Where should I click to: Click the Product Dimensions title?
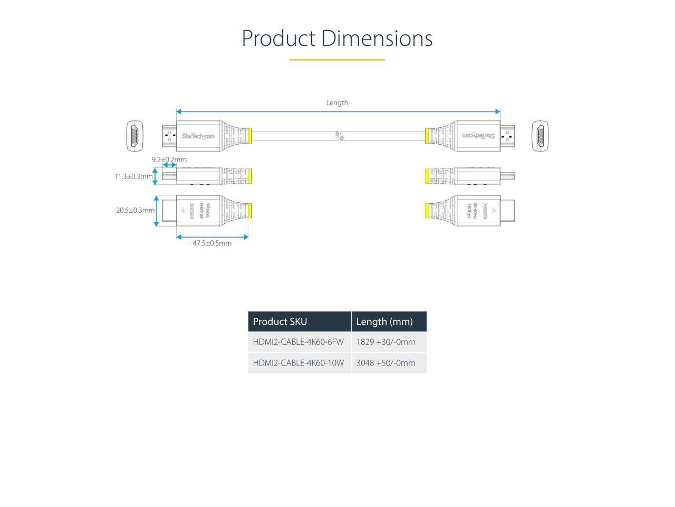pyautogui.click(x=337, y=38)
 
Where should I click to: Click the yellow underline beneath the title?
pyautogui.click(x=337, y=60)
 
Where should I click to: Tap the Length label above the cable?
pyautogui.click(x=337, y=102)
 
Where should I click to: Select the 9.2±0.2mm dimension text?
pyautogui.click(x=169, y=159)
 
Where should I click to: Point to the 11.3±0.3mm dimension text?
pyautogui.click(x=133, y=176)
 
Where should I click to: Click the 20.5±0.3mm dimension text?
pyautogui.click(x=136, y=210)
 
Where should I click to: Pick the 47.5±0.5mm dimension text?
pyautogui.click(x=212, y=243)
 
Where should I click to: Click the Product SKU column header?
pyautogui.click(x=280, y=322)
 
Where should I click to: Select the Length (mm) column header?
pyautogui.click(x=384, y=322)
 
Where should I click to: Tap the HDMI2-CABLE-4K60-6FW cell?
pyautogui.click(x=298, y=342)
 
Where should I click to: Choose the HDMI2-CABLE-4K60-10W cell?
pyautogui.click(x=298, y=363)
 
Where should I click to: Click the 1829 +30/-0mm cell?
pyautogui.click(x=385, y=342)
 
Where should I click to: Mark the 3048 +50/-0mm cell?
pyautogui.click(x=385, y=363)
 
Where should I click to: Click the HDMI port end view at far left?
pyautogui.click(x=134, y=136)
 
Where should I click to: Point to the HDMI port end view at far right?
pyautogui.click(x=540, y=136)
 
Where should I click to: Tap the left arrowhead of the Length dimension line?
pyautogui.click(x=179, y=111)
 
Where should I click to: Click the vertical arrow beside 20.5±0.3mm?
pyautogui.click(x=156, y=211)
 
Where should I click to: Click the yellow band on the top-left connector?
pyautogui.click(x=250, y=136)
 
